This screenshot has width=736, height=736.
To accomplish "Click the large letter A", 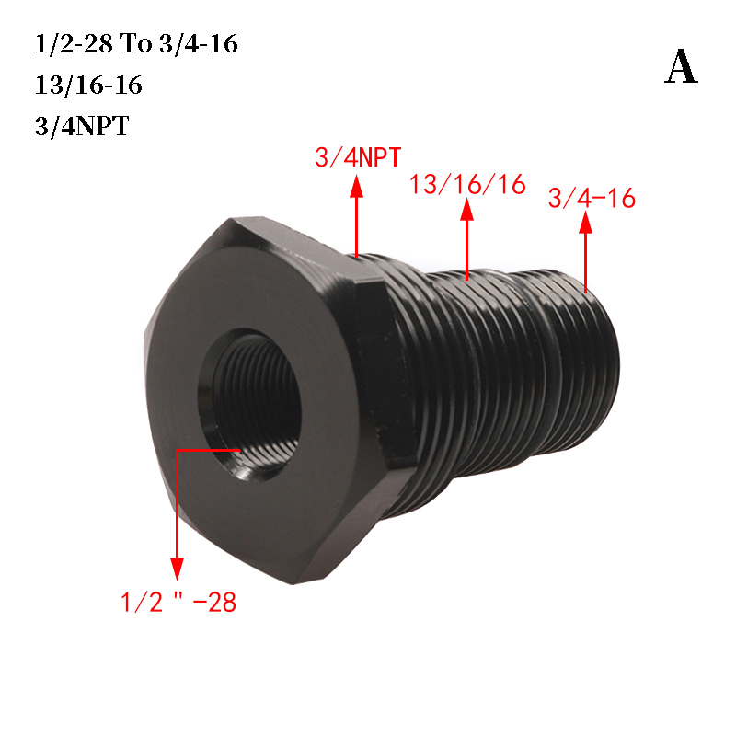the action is coord(681,67).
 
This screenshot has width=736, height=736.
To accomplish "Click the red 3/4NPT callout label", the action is coord(358,157).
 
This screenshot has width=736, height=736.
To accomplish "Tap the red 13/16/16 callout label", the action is coord(467,184).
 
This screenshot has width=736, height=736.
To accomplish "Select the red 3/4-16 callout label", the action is coord(592,198).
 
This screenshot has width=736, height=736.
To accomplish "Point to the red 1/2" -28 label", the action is coord(178,602).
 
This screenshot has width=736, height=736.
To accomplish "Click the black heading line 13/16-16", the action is coord(88,85).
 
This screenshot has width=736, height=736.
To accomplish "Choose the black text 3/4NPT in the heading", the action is coord(82,126).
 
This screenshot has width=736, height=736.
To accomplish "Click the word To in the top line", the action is coord(135,43).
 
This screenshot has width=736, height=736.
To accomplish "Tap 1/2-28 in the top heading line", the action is coord(75,43).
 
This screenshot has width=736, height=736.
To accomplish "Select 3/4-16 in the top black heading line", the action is coord(199,43).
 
